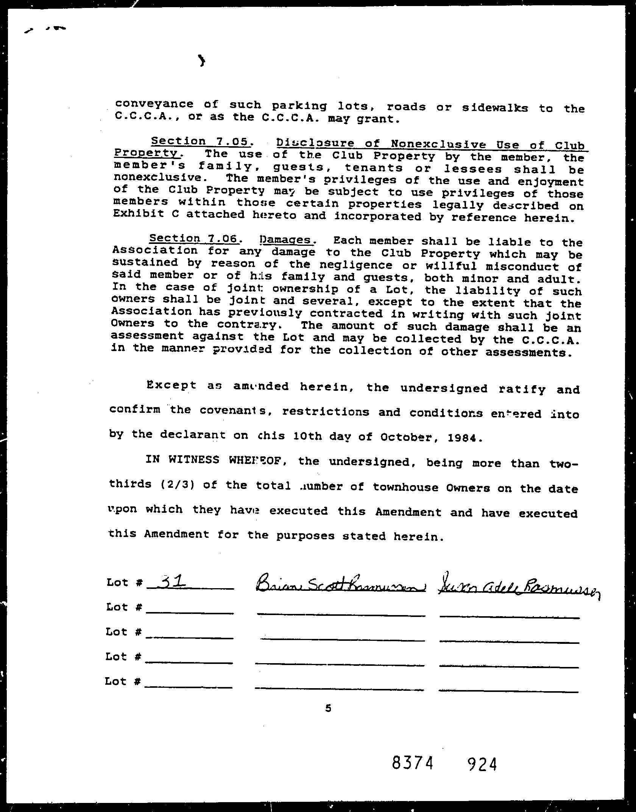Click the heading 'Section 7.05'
[200, 141]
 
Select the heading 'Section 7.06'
[194, 238]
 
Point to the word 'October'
[406, 437]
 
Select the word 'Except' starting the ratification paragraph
[171, 385]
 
